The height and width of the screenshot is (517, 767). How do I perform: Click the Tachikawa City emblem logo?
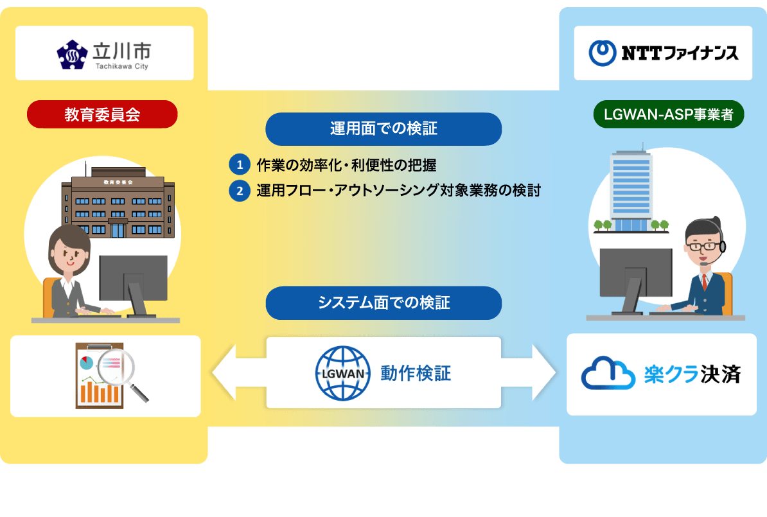click(x=71, y=54)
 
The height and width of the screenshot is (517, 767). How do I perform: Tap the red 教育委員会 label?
click(x=102, y=114)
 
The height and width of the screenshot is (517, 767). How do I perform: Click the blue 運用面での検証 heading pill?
click(x=383, y=129)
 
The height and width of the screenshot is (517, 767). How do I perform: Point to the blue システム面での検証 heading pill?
click(x=383, y=302)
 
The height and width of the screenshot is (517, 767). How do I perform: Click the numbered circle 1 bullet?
click(x=239, y=165)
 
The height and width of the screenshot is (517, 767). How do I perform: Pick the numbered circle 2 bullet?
click(x=239, y=191)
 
